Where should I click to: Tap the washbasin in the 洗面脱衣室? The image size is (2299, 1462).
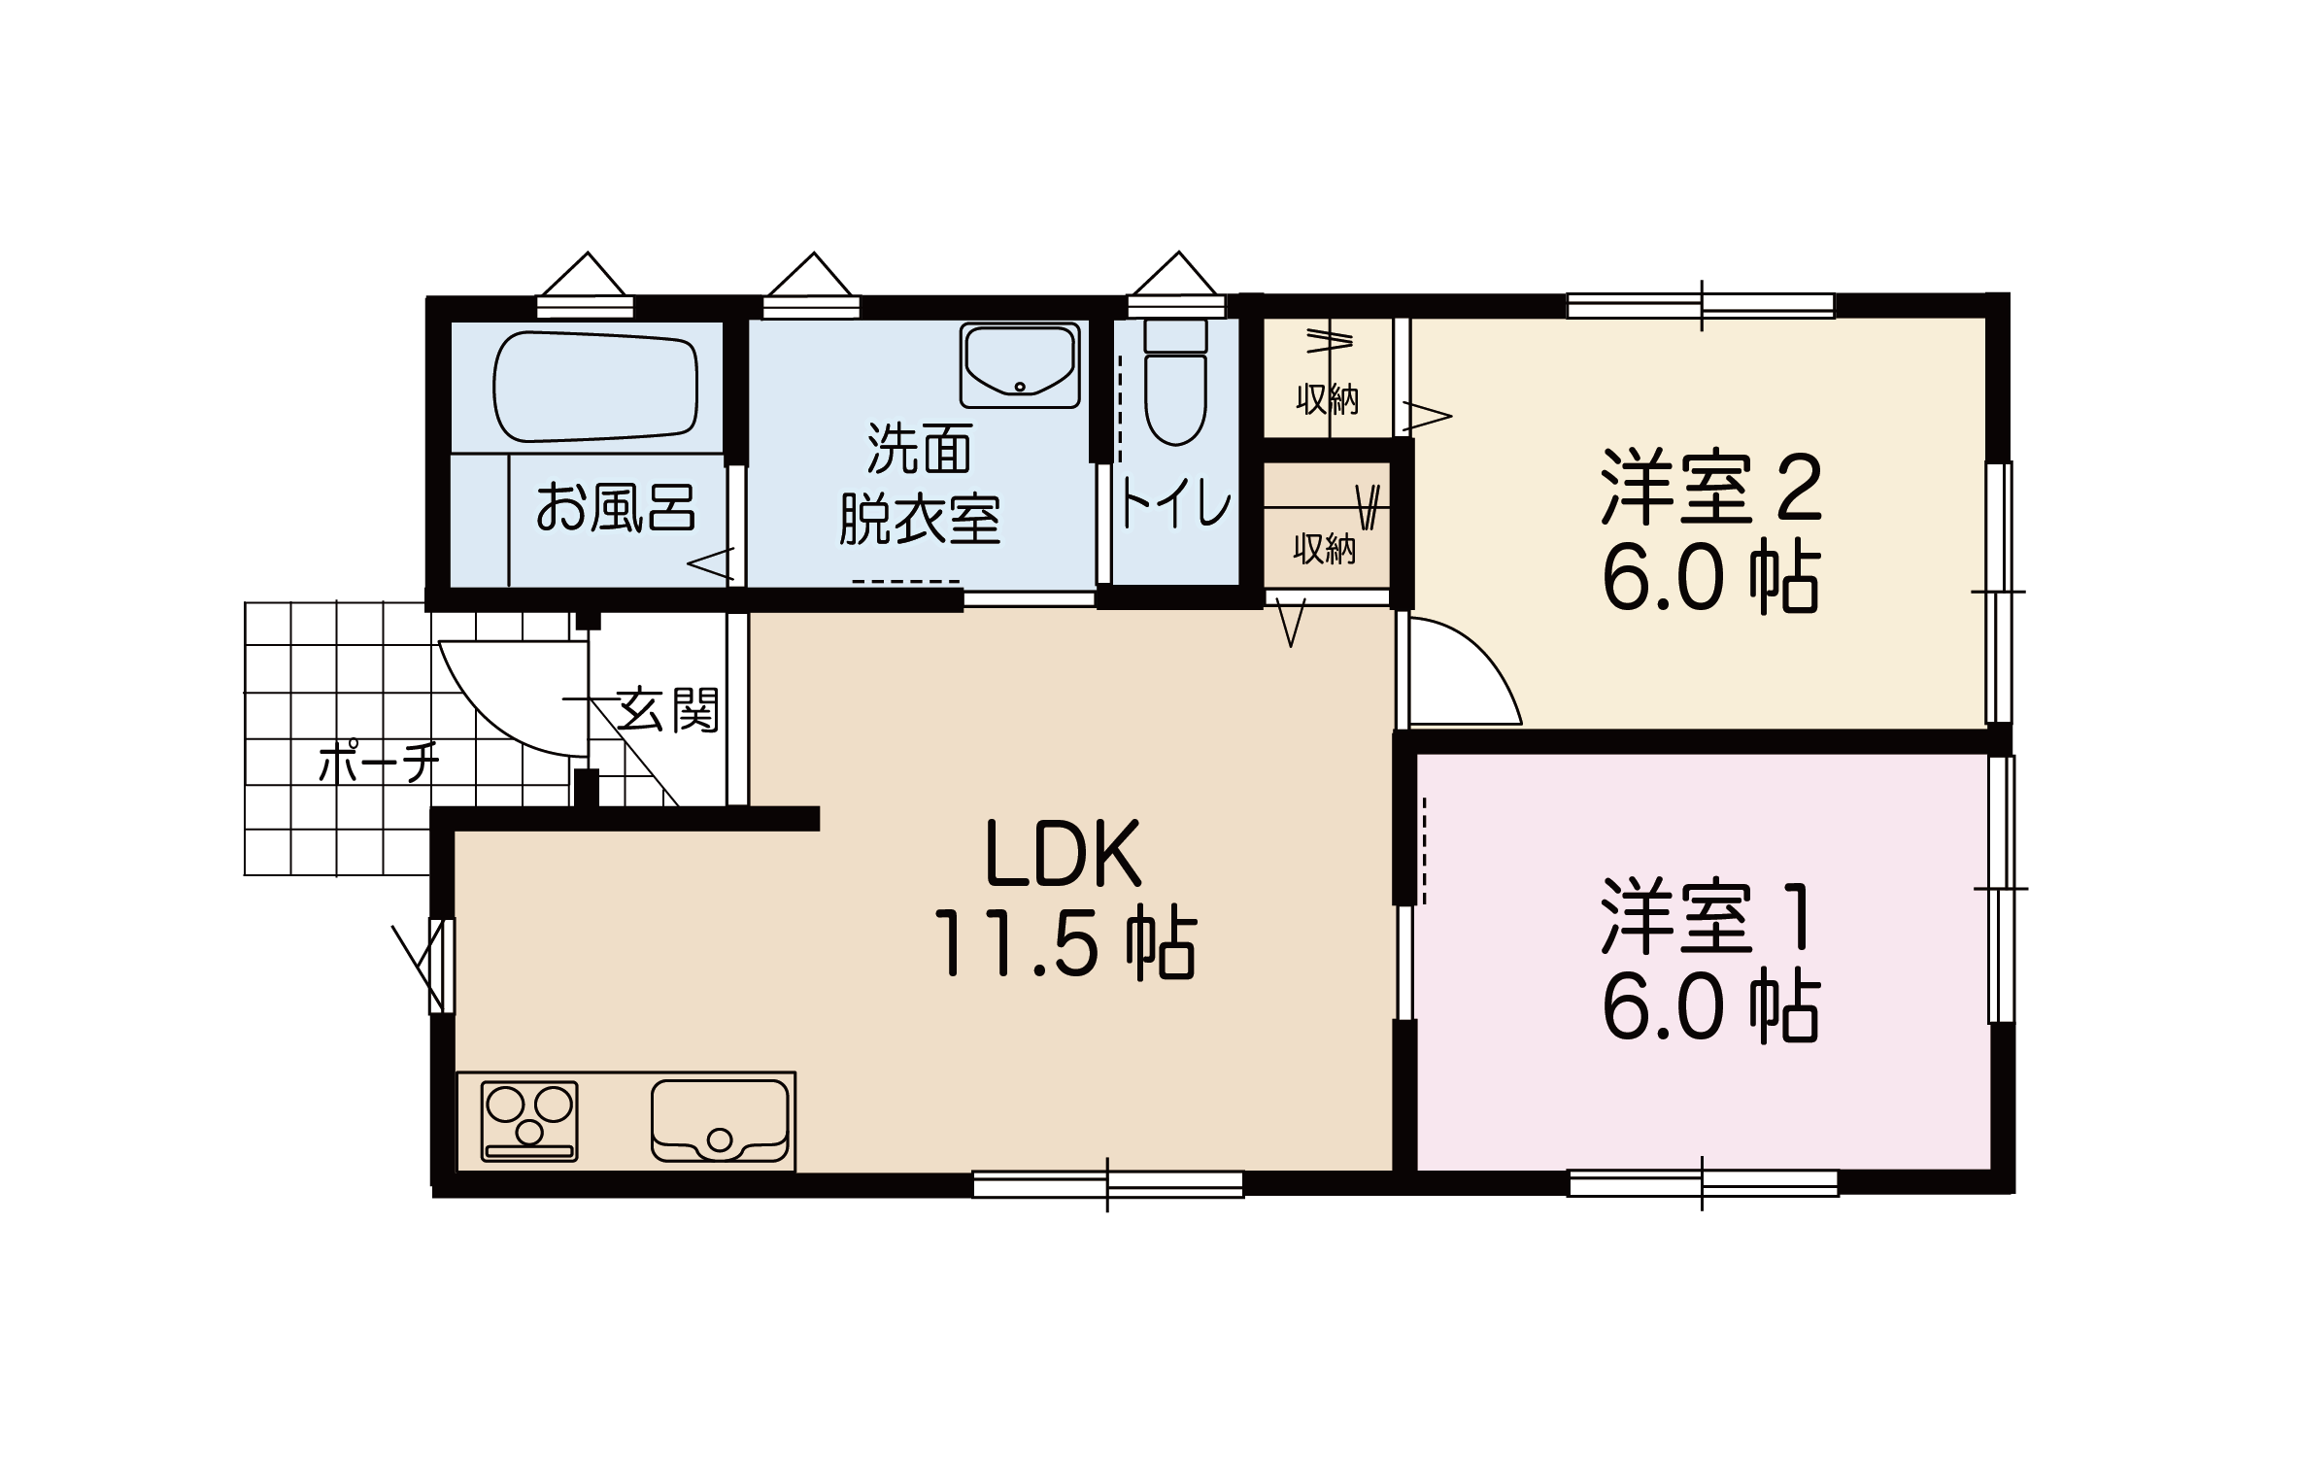click(1020, 365)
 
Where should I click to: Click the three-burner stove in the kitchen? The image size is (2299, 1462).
click(529, 1121)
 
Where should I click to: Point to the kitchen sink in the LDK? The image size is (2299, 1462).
click(720, 1121)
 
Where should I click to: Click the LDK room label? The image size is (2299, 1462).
click(1065, 855)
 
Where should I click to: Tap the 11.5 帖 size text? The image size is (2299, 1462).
click(1065, 943)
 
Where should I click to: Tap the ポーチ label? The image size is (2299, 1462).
click(379, 763)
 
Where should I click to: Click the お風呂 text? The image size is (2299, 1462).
click(616, 506)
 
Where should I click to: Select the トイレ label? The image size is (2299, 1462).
click(1176, 504)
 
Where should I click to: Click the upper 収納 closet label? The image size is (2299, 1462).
click(1328, 399)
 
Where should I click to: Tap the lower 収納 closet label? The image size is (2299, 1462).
click(1324, 550)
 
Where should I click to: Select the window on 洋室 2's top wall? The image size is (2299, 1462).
click(1702, 305)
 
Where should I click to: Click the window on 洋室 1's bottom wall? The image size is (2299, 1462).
click(1704, 1183)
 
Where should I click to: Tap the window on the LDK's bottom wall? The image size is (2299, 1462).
click(1108, 1184)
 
